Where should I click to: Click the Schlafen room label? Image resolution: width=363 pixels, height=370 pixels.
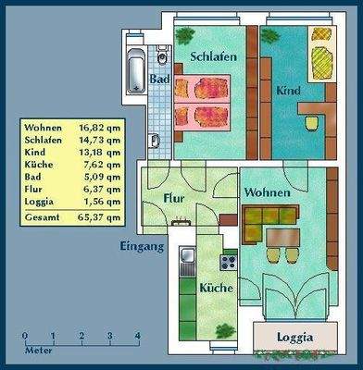click(x=214, y=56)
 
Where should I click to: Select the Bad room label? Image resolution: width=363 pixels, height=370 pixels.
click(x=158, y=80)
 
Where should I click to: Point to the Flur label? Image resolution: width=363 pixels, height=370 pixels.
click(x=176, y=198)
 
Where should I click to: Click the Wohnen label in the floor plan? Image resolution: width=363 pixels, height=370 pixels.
click(x=268, y=192)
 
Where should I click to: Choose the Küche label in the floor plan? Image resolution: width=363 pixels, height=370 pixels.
click(x=217, y=288)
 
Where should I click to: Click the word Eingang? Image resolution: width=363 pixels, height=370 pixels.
click(x=142, y=247)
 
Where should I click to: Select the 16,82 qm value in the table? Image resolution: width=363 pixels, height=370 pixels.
click(x=100, y=129)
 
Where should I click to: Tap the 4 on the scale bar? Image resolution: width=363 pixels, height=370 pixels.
click(x=137, y=336)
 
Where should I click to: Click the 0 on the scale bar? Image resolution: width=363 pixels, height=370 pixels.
click(x=25, y=336)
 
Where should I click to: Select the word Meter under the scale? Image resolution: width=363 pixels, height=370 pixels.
click(x=38, y=351)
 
